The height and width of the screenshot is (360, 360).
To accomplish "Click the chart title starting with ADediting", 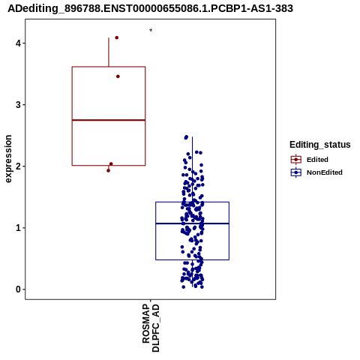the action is pos(150,8).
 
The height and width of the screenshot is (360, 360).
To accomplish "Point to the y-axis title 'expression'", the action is pos(8,159).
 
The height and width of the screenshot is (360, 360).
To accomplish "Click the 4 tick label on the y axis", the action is pos(18,43).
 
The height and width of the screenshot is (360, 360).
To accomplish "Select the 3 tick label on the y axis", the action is pos(18,105).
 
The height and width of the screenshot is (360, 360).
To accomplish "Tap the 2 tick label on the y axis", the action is pos(18,166).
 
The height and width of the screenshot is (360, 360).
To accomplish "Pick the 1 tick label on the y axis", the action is pos(18,228).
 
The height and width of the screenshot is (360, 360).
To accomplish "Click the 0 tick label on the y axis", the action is pos(18,289).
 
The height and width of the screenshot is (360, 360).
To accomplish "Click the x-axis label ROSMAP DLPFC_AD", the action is pos(151,328).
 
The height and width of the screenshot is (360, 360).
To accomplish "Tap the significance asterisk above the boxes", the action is pos(151,31).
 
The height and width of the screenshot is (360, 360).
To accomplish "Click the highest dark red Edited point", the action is pos(117,37).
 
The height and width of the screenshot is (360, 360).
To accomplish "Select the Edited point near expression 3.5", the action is pos(118,76).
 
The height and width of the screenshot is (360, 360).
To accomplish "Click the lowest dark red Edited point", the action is pos(108,171).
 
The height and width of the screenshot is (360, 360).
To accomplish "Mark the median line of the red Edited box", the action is pos(109,120).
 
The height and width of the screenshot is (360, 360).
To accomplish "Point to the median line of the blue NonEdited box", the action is pos(192,223).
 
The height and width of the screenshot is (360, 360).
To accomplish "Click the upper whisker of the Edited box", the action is pos(109,52).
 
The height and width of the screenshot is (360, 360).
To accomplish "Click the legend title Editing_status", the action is pos(320,145).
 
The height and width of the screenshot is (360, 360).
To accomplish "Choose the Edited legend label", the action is pos(317,160).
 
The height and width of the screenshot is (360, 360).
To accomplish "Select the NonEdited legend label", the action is pos(325,172).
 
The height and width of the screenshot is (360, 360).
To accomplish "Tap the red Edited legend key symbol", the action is pos(296,160).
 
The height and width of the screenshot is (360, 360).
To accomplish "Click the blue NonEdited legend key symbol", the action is pos(296,172).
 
